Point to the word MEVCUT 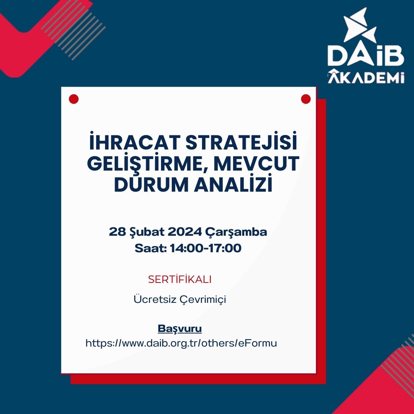pyautogui.click(x=256, y=164)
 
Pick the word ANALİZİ pyautogui.click(x=233, y=184)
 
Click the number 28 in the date pyautogui.click(x=117, y=232)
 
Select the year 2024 pyautogui.click(x=184, y=232)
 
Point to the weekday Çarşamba pyautogui.click(x=236, y=232)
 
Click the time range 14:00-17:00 pyautogui.click(x=205, y=248)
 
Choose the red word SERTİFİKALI pyautogui.click(x=179, y=279)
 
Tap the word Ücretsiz pyautogui.click(x=155, y=299)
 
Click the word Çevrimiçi pyautogui.click(x=203, y=300)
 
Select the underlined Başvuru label pyautogui.click(x=179, y=329)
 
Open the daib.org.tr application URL pyautogui.click(x=181, y=343)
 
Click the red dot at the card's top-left pyautogui.click(x=74, y=99)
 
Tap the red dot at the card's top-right pyautogui.click(x=306, y=99)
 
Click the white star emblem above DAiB pyautogui.click(x=359, y=26)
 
